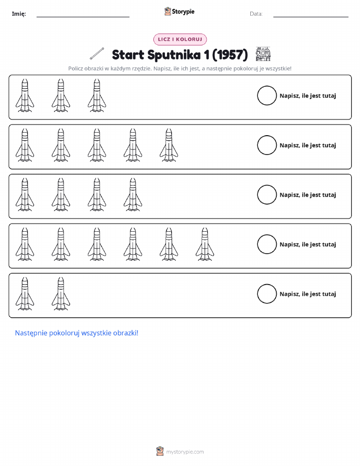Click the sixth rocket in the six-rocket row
[205, 244]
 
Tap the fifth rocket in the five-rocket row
[169, 145]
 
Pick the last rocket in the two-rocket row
[61, 294]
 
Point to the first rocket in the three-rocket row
[25, 96]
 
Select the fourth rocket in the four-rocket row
[133, 195]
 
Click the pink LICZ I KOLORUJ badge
[180, 39]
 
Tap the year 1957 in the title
[230, 55]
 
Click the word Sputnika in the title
[174, 55]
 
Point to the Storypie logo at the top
[179, 12]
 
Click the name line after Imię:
[83, 17]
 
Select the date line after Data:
[311, 17]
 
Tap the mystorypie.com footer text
[185, 452]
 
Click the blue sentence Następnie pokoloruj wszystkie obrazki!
[77, 333]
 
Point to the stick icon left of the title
[97, 53]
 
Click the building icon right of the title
[263, 54]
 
